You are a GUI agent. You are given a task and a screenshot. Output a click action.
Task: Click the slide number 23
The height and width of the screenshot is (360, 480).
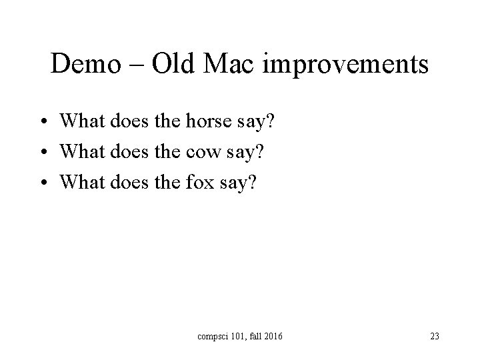[x=434, y=336]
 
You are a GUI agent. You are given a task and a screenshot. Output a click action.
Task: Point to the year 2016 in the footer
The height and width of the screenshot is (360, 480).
[x=271, y=336]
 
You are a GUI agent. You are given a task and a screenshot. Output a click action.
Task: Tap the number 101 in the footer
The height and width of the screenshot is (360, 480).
[x=237, y=336]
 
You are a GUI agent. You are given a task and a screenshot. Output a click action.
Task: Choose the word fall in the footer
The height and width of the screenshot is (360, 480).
[x=254, y=336]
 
